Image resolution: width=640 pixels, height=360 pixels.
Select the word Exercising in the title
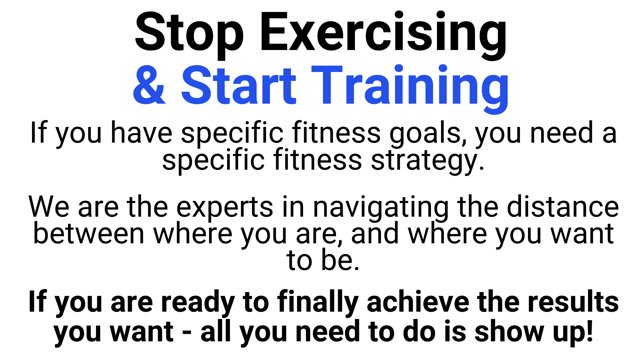[x=384, y=35]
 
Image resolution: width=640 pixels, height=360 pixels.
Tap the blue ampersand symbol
[x=149, y=85]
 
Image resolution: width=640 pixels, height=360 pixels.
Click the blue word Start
[x=239, y=85]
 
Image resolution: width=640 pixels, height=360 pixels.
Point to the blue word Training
[x=410, y=89]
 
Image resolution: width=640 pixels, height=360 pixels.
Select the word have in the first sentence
[x=142, y=132]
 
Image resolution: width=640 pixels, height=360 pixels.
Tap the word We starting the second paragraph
[x=49, y=207]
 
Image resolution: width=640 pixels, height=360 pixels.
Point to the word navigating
[x=381, y=208]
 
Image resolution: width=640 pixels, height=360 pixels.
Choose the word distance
[x=563, y=207]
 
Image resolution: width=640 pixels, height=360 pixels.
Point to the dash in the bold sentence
[x=187, y=332]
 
